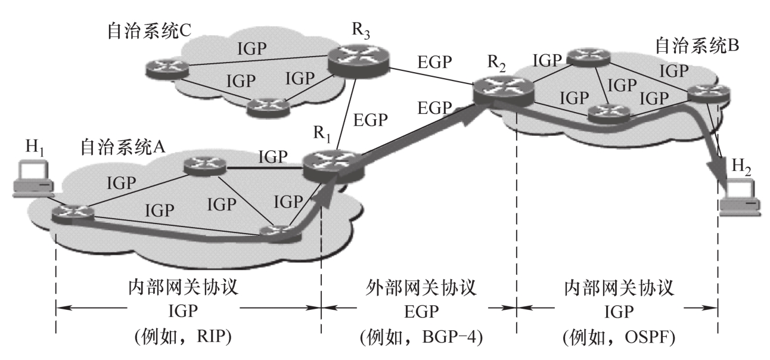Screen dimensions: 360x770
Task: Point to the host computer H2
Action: (x=739, y=197)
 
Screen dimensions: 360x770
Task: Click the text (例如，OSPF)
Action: (x=618, y=338)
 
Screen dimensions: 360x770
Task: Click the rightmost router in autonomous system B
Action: (x=708, y=92)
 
